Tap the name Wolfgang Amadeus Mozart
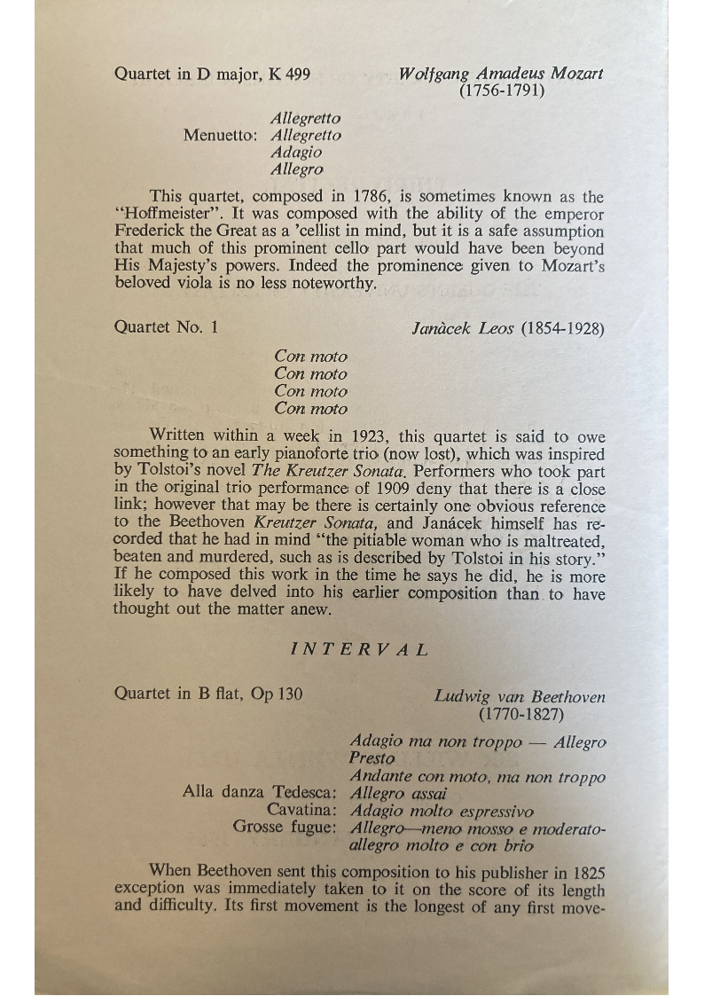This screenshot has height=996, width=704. point(501,74)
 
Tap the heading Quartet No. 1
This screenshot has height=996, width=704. point(166,327)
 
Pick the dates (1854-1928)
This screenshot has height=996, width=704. point(564,328)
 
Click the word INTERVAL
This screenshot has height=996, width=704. point(360,649)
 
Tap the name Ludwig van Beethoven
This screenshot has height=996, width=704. point(520,696)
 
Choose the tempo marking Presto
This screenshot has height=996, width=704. point(372,759)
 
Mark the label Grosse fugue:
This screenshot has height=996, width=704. point(285,827)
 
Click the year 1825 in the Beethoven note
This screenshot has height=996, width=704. point(587,870)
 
